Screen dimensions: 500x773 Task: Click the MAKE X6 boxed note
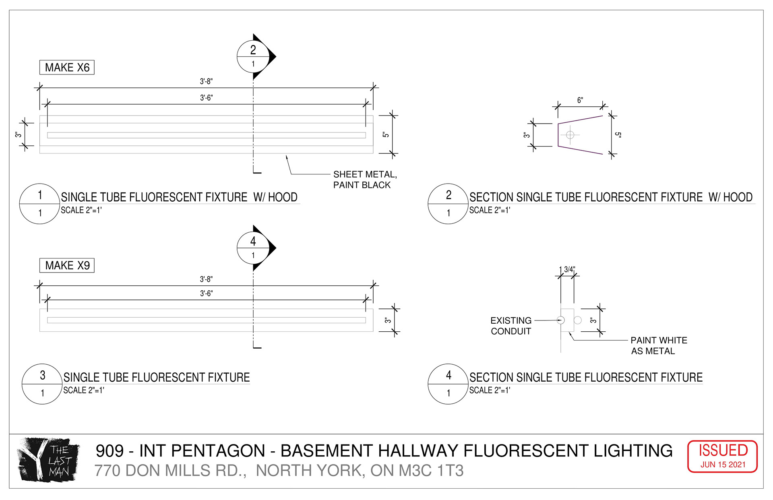(67, 67)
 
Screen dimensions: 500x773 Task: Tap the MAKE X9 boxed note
(67, 265)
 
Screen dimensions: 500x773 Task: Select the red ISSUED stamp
(723, 456)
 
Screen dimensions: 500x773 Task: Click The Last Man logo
(48, 459)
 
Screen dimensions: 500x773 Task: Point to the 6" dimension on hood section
(580, 100)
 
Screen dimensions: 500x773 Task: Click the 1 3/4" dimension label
(567, 269)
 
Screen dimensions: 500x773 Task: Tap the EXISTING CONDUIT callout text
(511, 326)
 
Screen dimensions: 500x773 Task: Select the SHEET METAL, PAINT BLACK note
(364, 180)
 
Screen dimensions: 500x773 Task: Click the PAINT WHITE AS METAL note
(658, 345)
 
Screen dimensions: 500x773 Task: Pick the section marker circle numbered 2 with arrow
(253, 57)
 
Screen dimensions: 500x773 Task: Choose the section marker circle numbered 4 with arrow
(253, 248)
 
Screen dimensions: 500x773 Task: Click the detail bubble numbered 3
(42, 384)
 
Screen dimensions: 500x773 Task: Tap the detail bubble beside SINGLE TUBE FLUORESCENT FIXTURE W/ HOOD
(40, 203)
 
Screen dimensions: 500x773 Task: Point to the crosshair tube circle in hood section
(570, 135)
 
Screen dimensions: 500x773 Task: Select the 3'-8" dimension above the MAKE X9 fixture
(206, 279)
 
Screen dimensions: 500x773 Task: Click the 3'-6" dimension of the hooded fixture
(206, 98)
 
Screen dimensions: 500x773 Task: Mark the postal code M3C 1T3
(431, 471)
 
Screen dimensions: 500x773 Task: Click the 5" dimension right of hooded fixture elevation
(386, 134)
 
